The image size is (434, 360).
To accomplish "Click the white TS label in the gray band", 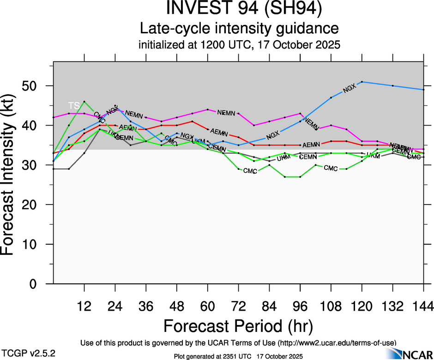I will click(x=74, y=105).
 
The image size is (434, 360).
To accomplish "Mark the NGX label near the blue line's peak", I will click(x=350, y=89).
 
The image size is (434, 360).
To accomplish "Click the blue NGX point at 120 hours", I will click(x=362, y=82).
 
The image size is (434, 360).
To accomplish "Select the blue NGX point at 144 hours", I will click(x=423, y=90).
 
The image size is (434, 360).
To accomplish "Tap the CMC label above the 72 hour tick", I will click(x=250, y=171).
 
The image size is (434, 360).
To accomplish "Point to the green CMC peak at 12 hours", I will click(x=84, y=102).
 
